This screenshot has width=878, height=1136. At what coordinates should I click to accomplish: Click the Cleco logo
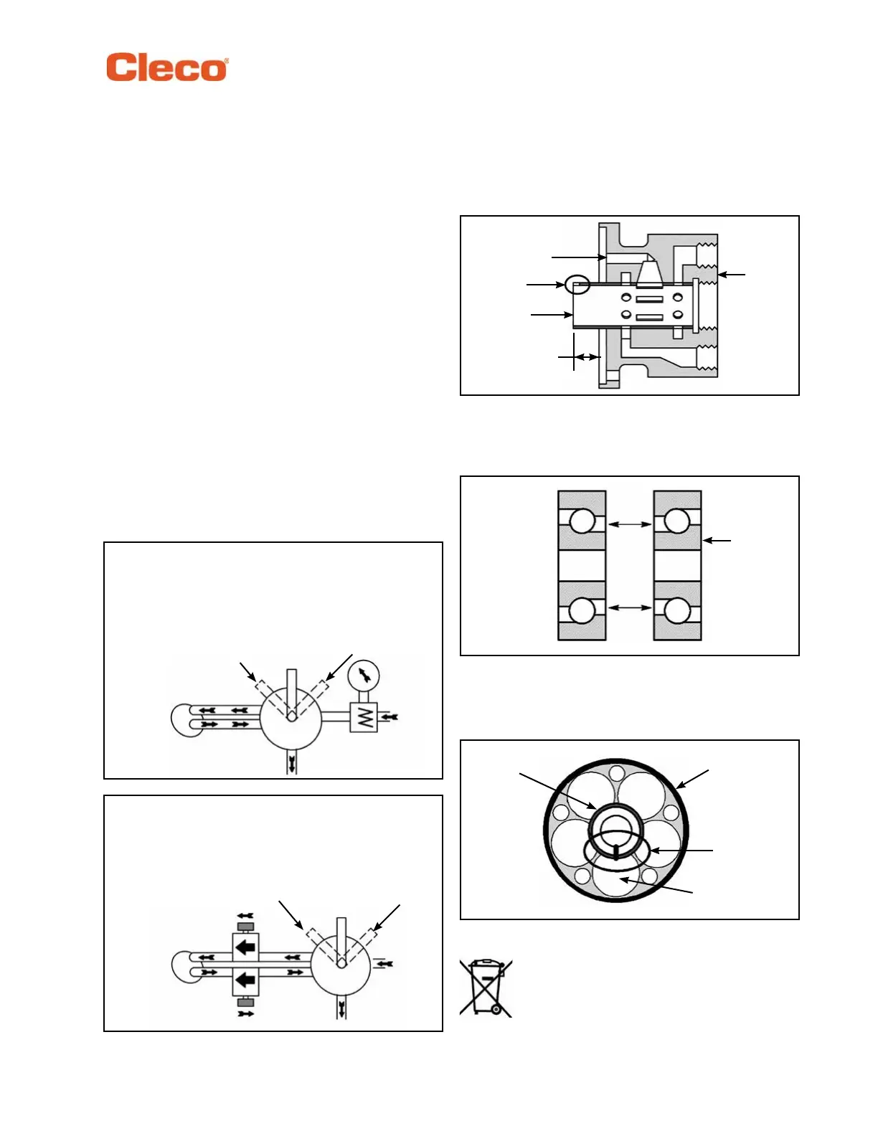tap(167, 67)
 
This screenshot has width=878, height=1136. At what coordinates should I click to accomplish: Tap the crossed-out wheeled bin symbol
tap(486, 988)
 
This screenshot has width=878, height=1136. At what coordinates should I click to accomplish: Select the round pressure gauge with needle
tap(364, 675)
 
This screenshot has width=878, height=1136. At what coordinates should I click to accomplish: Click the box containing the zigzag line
tap(364, 717)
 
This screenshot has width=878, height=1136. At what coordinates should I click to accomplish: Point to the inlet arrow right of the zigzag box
tap(388, 716)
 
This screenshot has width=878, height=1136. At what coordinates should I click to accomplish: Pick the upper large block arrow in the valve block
tap(245, 947)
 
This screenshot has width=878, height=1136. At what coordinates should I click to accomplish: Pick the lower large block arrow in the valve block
tap(245, 980)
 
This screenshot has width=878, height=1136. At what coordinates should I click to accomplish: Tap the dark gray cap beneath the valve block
tap(245, 1001)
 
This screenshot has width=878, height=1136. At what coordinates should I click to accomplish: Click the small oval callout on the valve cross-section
tap(577, 285)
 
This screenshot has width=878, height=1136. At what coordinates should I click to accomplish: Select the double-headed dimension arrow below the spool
tap(587, 357)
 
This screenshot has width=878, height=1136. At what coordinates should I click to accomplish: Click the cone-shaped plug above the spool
tap(650, 273)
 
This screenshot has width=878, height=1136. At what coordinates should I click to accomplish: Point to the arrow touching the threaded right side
tap(732, 274)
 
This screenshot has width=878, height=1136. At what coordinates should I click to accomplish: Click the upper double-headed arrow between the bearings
tap(630, 524)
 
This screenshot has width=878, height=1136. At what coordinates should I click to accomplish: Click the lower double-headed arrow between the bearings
tap(630, 608)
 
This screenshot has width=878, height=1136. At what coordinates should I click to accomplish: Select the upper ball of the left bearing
tap(582, 521)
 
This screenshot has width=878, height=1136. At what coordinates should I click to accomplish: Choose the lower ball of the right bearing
tap(677, 611)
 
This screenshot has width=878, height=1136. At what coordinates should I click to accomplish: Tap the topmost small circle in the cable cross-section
tap(615, 773)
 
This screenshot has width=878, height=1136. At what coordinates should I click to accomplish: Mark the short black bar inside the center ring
tap(616, 851)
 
